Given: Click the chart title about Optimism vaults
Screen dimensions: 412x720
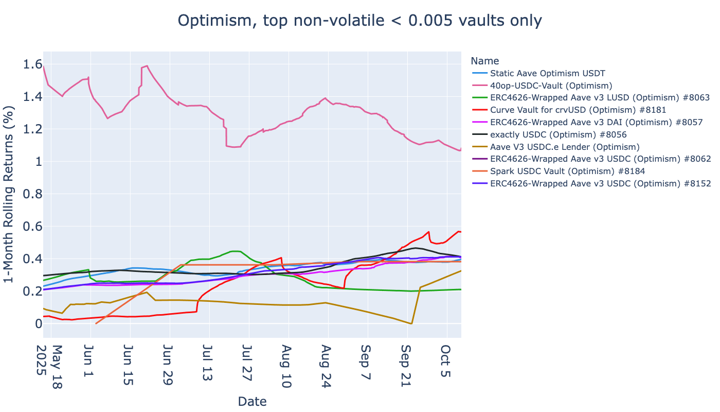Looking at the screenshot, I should click(x=359, y=21).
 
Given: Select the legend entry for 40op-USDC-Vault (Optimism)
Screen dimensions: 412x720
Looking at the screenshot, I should click(x=551, y=85).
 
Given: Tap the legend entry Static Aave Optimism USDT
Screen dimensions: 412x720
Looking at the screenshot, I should click(x=547, y=74).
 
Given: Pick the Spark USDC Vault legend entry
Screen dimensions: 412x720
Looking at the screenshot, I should click(x=567, y=171).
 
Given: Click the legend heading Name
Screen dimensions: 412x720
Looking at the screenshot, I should click(x=484, y=61).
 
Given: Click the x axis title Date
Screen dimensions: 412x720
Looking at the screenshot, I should click(x=252, y=401).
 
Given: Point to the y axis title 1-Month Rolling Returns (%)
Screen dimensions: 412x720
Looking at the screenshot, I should click(x=9, y=194).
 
